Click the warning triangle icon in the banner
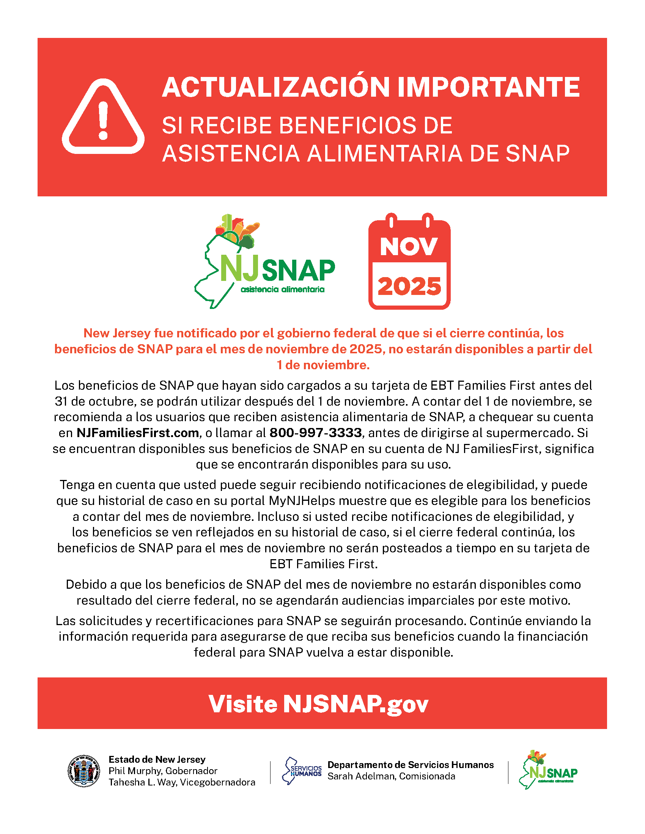pos(103,117)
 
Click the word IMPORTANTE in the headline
pos(489,88)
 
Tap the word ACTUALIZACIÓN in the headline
pos(276,88)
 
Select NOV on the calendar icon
pos(409,246)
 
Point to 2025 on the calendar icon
pos(409,286)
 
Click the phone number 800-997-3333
pos(316,433)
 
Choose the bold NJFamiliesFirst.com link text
pos(138,433)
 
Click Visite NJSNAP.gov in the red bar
pos(318,704)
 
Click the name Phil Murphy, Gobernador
pos(163,771)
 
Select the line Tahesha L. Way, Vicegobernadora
pos(182,782)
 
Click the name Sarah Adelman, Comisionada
pos(391,776)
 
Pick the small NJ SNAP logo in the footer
pos(548,770)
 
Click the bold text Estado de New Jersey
pos(157,759)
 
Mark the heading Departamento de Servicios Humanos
pos(411,765)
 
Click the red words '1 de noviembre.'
pos(323,365)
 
